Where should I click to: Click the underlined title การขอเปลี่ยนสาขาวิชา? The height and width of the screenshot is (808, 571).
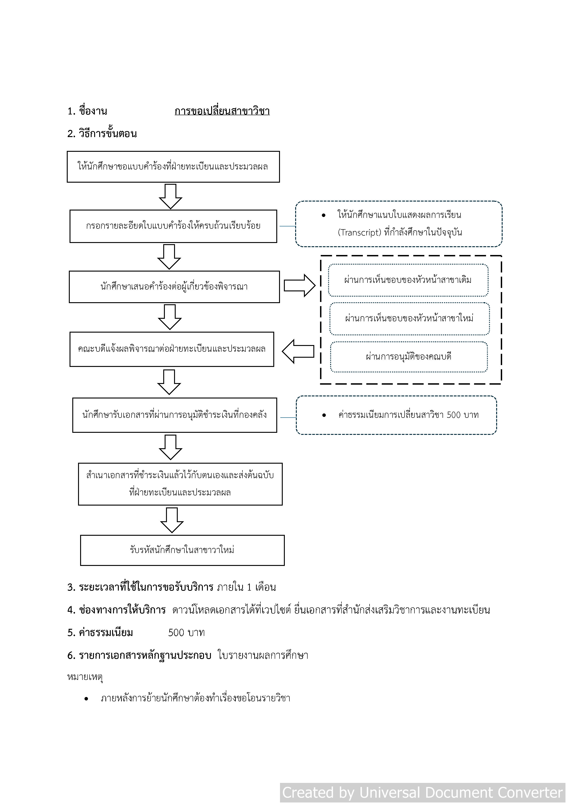(x=222, y=111)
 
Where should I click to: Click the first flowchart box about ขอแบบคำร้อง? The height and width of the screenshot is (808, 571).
(x=173, y=167)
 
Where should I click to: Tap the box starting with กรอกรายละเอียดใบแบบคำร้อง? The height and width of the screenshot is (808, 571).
(x=173, y=226)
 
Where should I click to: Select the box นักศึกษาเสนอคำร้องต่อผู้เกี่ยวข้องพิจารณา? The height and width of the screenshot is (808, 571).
(x=174, y=287)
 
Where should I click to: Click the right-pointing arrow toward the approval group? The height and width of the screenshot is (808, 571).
(x=299, y=285)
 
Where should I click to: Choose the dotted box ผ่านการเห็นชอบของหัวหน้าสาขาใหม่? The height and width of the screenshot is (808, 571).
(x=409, y=319)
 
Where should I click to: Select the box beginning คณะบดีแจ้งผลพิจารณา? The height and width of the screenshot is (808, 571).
(x=172, y=349)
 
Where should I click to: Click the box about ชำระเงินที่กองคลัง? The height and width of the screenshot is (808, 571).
(x=175, y=415)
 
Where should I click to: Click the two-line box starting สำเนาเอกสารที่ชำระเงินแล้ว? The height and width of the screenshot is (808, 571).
(x=180, y=484)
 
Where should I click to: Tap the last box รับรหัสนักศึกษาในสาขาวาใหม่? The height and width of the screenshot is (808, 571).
(x=182, y=550)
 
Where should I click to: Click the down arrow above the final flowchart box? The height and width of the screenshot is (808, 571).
(x=172, y=520)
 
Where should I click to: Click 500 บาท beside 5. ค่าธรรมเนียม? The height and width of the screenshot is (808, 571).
(x=186, y=633)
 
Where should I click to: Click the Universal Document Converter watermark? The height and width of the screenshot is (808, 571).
(x=422, y=793)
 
